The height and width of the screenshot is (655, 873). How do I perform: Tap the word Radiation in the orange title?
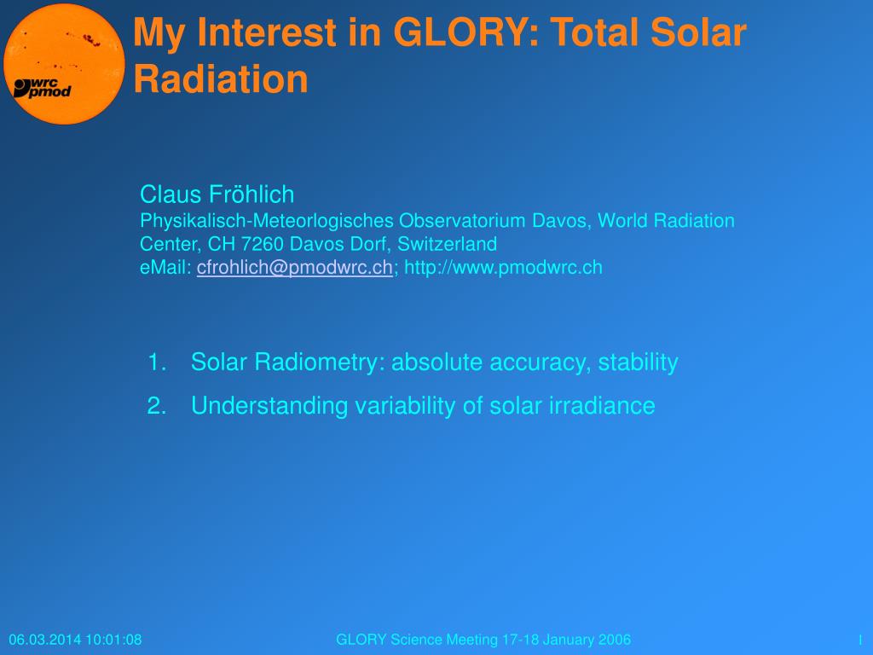(x=221, y=78)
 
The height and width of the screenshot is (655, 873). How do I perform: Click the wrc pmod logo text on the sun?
(x=43, y=88)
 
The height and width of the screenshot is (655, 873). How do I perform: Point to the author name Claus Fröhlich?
(x=217, y=194)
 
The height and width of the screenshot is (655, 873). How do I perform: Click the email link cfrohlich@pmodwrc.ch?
(x=294, y=267)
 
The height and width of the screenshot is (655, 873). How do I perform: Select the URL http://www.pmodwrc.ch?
(x=503, y=267)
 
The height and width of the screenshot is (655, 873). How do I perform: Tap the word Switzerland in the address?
(x=447, y=244)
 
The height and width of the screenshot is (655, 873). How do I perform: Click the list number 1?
(x=157, y=362)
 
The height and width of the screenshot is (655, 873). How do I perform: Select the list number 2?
(x=157, y=405)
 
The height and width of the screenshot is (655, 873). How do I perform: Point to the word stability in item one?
(x=638, y=362)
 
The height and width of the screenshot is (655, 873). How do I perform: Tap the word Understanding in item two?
(x=269, y=405)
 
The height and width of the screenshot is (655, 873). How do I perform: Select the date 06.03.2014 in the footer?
(x=45, y=640)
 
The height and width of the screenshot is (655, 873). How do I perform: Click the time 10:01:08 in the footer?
(x=113, y=640)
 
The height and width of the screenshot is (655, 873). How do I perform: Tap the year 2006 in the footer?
(x=615, y=640)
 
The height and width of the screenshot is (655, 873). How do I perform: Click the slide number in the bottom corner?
(x=861, y=640)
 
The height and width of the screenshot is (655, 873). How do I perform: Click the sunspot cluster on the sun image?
(x=90, y=39)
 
